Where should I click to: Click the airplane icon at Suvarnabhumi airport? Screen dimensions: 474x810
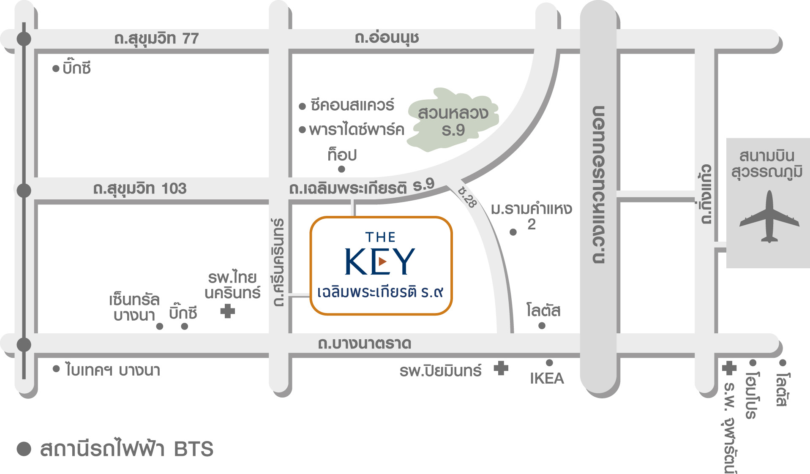point(769,218)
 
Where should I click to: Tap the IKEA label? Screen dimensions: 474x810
point(547,378)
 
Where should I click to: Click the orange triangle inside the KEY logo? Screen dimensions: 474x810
point(382,262)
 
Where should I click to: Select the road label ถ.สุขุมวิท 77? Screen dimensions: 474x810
point(156,38)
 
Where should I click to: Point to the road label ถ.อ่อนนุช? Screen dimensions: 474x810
point(387,38)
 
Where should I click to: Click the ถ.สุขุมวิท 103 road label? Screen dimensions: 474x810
point(140,188)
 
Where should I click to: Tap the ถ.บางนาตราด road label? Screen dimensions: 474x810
point(364,343)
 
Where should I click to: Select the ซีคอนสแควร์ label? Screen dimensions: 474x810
point(352,105)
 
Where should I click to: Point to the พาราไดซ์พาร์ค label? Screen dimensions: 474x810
point(356,129)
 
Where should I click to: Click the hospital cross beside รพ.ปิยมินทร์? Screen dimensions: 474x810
point(501,368)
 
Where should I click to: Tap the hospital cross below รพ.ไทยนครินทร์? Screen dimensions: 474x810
point(228,311)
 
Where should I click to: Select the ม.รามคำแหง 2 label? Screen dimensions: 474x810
point(531,215)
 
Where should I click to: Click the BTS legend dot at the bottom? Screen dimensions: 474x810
point(24,449)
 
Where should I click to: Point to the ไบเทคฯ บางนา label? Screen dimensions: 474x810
point(112,370)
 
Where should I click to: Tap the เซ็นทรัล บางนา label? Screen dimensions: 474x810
point(134,307)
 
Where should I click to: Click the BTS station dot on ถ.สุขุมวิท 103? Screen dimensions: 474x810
point(24,191)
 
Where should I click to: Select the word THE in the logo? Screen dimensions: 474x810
point(380,237)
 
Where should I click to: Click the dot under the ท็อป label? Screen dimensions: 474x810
point(342,169)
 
